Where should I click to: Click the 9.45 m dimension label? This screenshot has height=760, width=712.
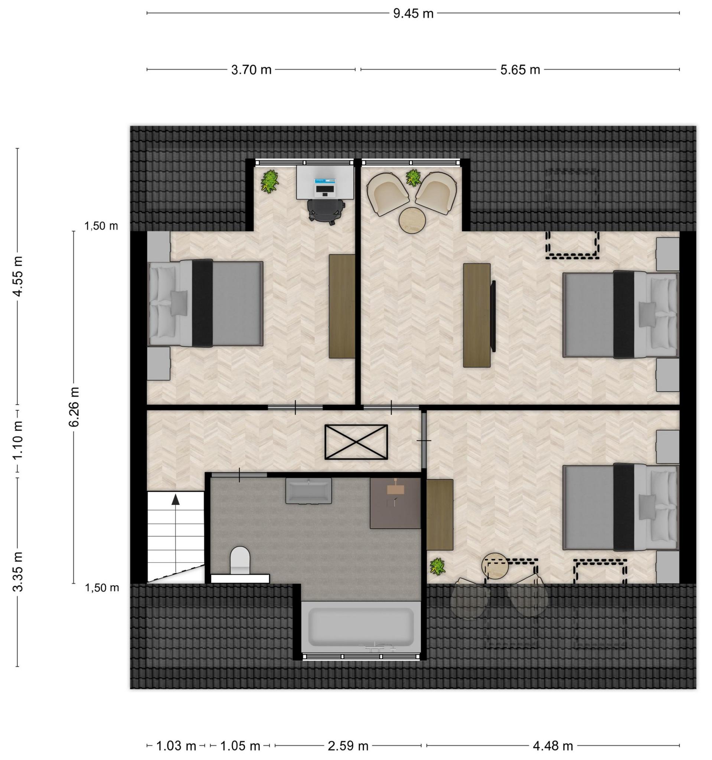tap(414, 14)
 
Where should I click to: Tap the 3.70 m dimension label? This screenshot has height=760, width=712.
tap(251, 70)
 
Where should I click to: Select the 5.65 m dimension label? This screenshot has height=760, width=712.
tap(520, 70)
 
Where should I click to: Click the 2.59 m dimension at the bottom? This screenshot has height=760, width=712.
tap(348, 746)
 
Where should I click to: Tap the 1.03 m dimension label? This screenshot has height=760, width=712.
tap(176, 746)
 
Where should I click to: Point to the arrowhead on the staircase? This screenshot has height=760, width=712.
tap(176, 499)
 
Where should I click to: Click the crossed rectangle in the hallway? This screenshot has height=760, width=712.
tap(356, 442)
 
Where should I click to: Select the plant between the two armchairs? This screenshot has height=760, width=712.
tap(414, 178)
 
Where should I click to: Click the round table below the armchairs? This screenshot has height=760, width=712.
tap(412, 220)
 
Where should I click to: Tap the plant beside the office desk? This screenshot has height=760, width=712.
tap(270, 181)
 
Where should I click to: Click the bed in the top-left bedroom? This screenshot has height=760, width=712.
tap(205, 303)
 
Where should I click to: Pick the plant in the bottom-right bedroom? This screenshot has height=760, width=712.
tap(437, 567)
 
